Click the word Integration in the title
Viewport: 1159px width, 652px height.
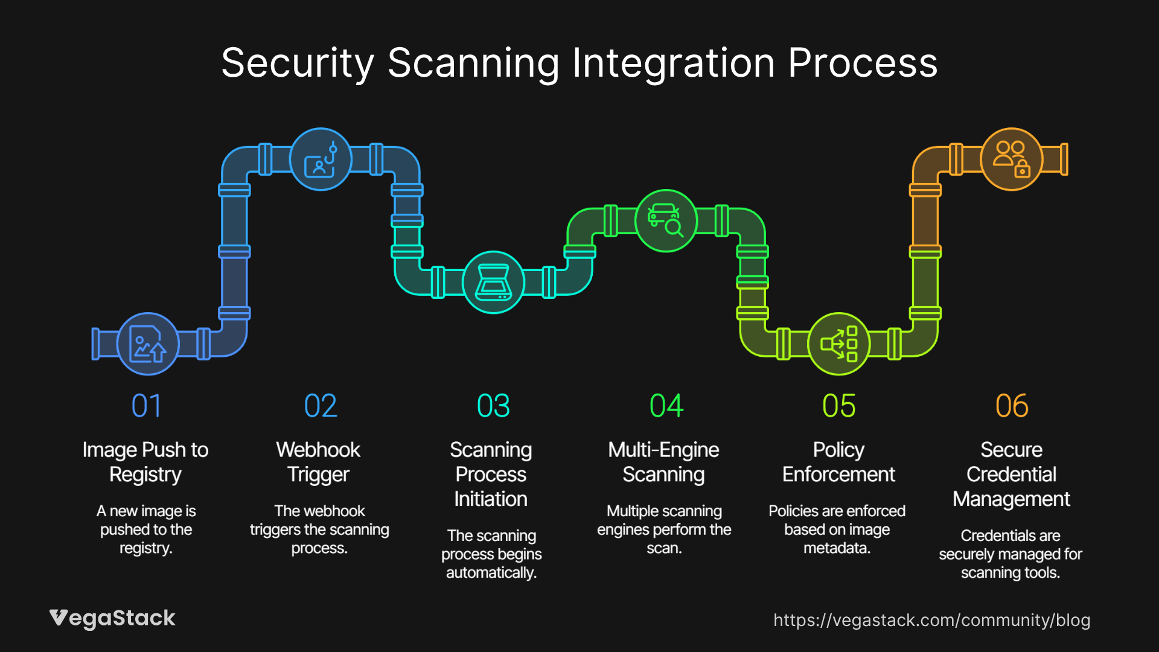[x=673, y=63]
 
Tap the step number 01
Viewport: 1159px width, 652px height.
[x=147, y=406]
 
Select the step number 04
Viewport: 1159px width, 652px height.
[x=666, y=406]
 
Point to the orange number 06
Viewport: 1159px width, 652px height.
[x=1012, y=406]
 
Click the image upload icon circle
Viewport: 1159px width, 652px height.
[x=147, y=344]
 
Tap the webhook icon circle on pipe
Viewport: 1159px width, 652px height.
[x=321, y=159]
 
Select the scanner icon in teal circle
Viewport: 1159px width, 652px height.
[x=493, y=282]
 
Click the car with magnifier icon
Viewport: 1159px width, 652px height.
[x=666, y=221]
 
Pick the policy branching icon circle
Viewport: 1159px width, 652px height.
[x=838, y=344]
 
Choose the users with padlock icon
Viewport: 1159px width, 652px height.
[x=1012, y=159]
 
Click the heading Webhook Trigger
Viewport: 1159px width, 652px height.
[x=318, y=462]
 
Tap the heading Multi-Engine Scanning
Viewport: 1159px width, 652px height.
[x=663, y=462]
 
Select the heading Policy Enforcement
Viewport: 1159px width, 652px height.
[x=838, y=462]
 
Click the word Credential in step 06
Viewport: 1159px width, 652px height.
[x=1011, y=475]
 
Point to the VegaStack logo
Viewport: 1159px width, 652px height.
[x=112, y=618]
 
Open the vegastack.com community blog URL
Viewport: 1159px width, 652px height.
[x=931, y=620]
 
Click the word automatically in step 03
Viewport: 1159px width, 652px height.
[x=491, y=573]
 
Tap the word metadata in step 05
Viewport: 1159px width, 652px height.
[x=837, y=548]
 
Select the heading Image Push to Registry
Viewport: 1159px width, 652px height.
[x=145, y=462]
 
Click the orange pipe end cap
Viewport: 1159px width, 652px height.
[x=1064, y=159]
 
